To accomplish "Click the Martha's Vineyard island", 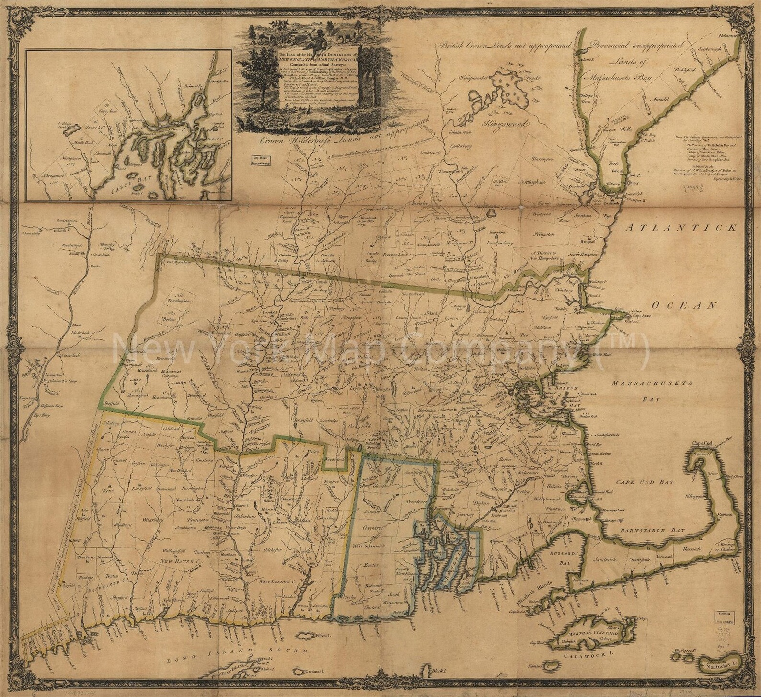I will [x=589, y=632].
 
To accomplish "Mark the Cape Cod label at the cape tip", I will [x=703, y=444].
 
